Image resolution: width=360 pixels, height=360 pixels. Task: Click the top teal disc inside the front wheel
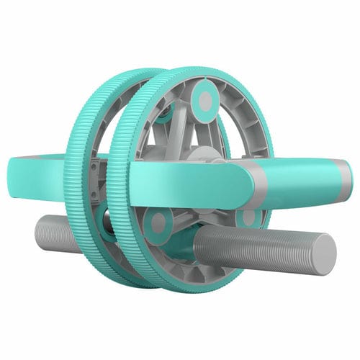(205, 101)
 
